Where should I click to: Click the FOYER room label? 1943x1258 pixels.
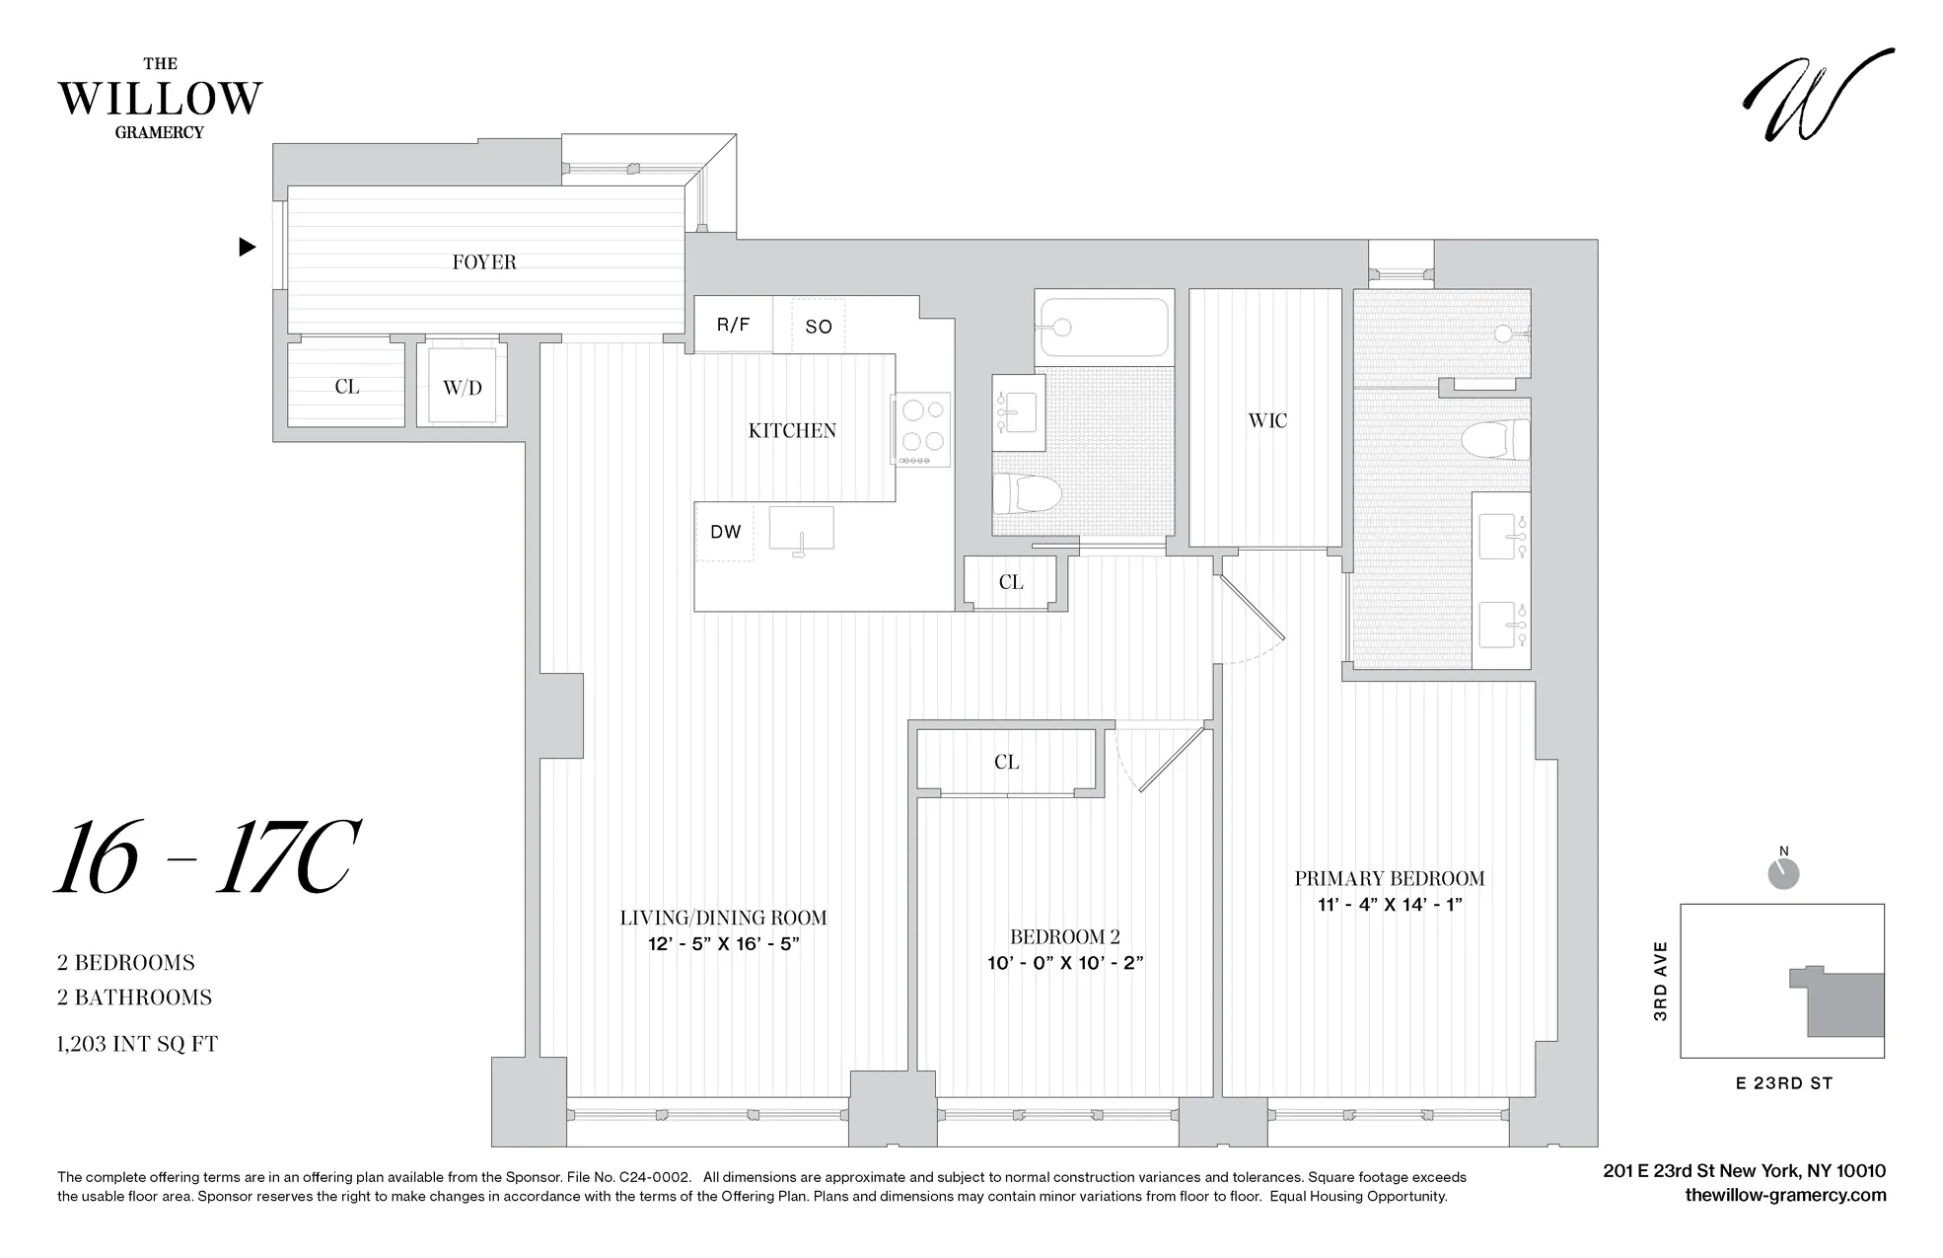483,262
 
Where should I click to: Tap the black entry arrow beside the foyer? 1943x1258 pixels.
248,247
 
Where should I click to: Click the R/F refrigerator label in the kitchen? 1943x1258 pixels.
733,325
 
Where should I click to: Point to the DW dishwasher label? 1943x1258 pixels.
725,532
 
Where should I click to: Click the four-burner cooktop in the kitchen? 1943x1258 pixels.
921,428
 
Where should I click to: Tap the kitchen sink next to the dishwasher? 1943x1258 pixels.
801,530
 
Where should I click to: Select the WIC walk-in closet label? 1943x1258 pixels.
1266,421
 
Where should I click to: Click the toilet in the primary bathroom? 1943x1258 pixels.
1493,439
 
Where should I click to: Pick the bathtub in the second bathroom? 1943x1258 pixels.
1105,327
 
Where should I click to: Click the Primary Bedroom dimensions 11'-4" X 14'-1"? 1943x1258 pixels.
1389,904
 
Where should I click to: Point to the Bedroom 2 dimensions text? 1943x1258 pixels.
1064,963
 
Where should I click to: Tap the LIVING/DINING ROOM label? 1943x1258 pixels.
723,918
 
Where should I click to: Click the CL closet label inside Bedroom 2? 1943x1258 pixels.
1006,762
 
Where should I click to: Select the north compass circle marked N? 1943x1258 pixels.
1783,873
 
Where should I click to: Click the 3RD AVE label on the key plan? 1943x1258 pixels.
1661,981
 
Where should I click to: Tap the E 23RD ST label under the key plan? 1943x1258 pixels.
1783,1083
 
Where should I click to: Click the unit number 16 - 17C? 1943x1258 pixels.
205,858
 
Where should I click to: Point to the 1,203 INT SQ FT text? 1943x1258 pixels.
137,1044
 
